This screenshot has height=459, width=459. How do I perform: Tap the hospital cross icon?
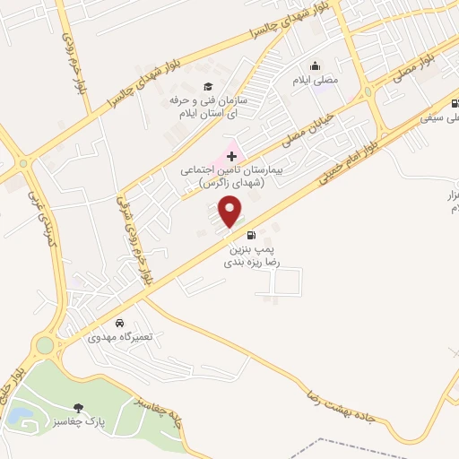230,156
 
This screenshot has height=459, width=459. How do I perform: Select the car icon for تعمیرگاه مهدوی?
119,322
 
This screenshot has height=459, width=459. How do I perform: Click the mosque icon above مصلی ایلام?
316,66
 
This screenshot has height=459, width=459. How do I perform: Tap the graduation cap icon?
208,86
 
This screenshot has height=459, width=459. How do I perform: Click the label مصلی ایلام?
316,81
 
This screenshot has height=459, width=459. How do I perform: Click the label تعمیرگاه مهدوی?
120,336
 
